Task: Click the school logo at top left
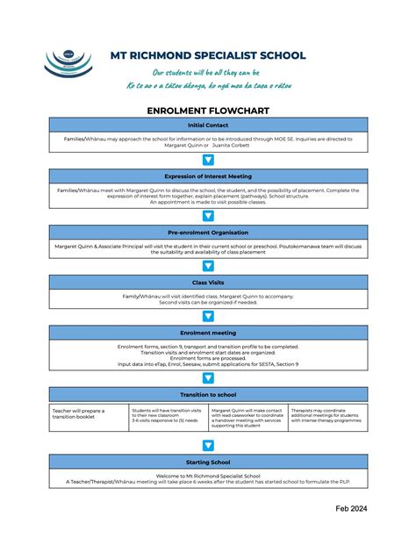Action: [68, 64]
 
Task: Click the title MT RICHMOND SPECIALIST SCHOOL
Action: [207, 55]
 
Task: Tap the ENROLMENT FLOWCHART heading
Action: [208, 111]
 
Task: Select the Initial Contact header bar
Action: [208, 125]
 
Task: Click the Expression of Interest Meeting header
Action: [208, 176]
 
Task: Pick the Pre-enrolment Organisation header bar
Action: [208, 233]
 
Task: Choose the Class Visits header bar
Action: [208, 283]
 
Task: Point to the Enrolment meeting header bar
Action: [208, 333]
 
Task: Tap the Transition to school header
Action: [208, 395]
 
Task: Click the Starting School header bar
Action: [208, 462]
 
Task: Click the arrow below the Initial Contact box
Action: [208, 160]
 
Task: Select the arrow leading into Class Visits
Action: [208, 266]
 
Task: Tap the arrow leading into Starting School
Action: [208, 445]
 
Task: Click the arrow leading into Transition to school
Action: [208, 378]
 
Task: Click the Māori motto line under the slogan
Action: [207, 86]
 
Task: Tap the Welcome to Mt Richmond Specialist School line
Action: [208, 475]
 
